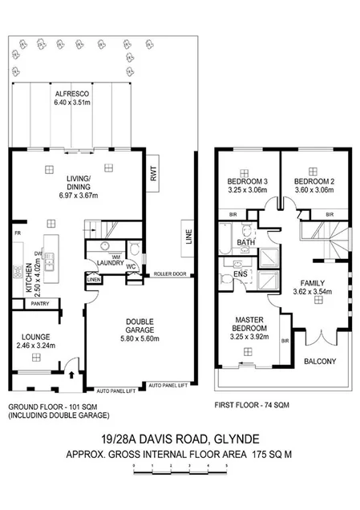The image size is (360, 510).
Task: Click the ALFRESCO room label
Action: pyautogui.click(x=72, y=94)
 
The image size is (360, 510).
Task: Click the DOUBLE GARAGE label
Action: pyautogui.click(x=140, y=326)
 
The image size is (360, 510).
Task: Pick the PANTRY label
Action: pyautogui.click(x=39, y=304)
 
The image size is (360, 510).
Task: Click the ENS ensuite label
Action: pyautogui.click(x=239, y=274)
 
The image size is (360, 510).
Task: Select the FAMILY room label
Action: pyautogui.click(x=312, y=284)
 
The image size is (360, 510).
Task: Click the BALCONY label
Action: pyautogui.click(x=320, y=362)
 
